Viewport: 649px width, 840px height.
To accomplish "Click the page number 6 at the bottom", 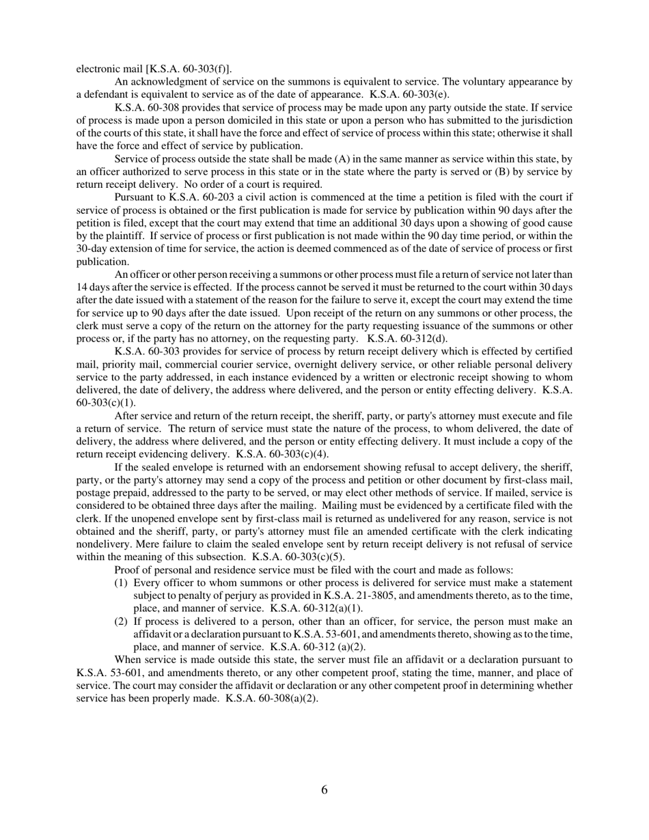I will (324, 790).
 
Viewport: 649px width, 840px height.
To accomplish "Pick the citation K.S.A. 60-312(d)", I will (407, 338).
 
